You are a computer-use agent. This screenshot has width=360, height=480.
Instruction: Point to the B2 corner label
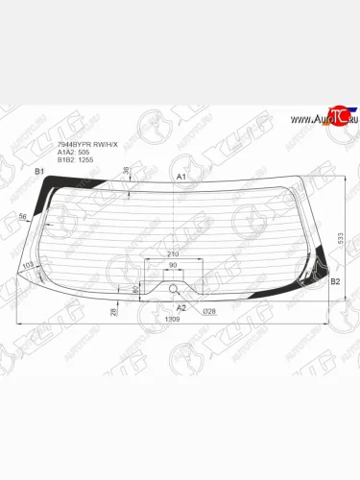(335, 282)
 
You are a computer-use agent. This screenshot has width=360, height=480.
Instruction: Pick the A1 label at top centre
(181, 178)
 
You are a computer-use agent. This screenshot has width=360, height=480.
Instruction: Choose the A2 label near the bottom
(180, 306)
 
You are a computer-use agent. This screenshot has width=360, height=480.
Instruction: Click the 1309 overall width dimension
(172, 319)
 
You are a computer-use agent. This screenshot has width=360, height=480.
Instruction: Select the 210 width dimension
(172, 254)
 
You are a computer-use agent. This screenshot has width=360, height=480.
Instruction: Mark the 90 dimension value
(173, 265)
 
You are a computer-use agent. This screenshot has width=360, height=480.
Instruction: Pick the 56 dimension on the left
(22, 217)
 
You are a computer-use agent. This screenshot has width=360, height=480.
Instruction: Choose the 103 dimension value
(27, 264)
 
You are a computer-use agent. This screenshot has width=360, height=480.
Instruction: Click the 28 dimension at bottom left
(113, 310)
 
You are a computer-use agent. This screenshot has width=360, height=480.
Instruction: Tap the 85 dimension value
(133, 287)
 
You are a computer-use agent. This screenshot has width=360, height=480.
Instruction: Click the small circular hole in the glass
(173, 289)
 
